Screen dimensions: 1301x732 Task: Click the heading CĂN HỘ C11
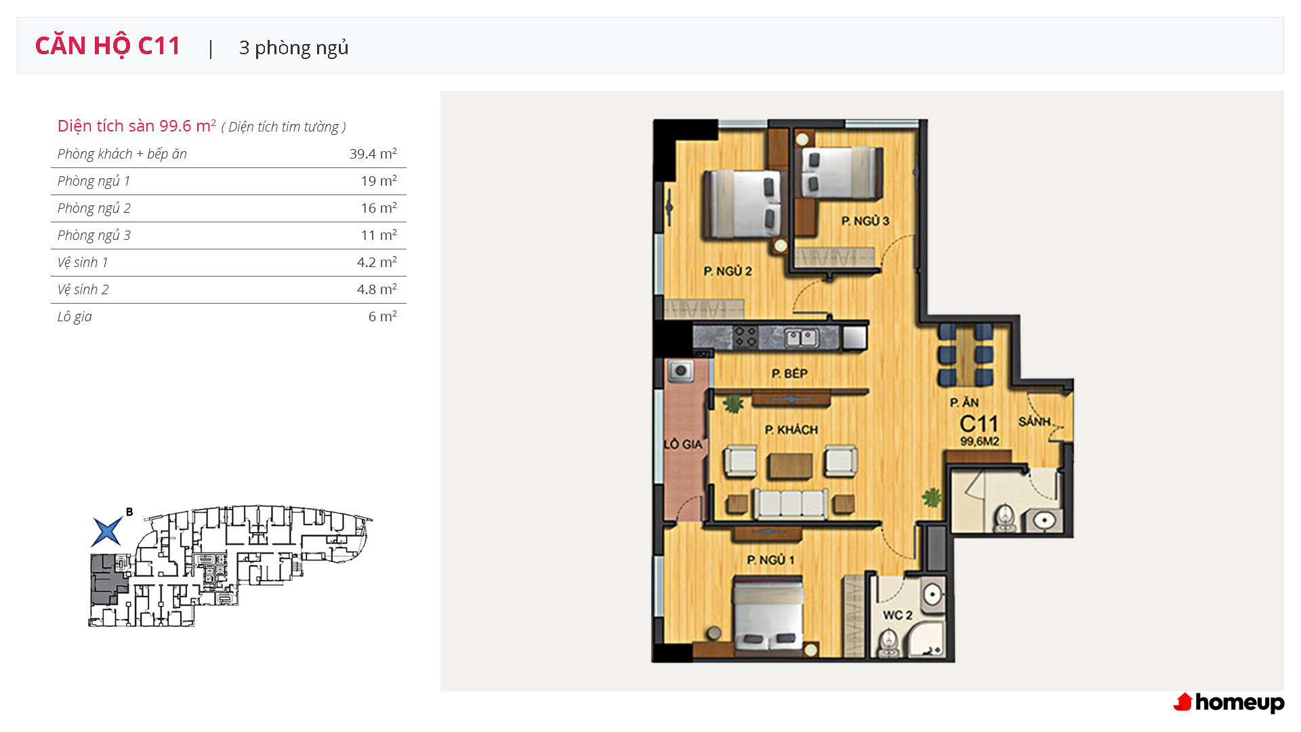(108, 46)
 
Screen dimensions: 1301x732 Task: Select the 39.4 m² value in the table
(373, 154)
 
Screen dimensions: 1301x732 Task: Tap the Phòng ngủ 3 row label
(94, 235)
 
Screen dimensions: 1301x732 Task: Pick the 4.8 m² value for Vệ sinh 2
(377, 289)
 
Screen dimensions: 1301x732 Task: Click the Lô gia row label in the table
(75, 317)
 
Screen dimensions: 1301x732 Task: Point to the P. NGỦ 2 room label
(728, 271)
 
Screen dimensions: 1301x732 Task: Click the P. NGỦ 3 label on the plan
(865, 221)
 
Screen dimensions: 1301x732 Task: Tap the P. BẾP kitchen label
(789, 373)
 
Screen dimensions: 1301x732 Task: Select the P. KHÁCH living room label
(791, 430)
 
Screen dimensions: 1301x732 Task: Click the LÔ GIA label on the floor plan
(683, 445)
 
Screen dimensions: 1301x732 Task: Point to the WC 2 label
(897, 615)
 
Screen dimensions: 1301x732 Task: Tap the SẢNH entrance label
(1035, 422)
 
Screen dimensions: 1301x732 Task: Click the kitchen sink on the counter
(801, 337)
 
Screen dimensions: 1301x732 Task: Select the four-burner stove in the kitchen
(746, 337)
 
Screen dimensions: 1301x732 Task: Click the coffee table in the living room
(790, 466)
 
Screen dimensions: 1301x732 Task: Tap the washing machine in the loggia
(680, 371)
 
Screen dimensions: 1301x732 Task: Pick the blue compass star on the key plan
(107, 531)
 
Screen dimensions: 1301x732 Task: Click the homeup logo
(1228, 703)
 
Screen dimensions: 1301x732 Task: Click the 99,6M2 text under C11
(979, 442)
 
